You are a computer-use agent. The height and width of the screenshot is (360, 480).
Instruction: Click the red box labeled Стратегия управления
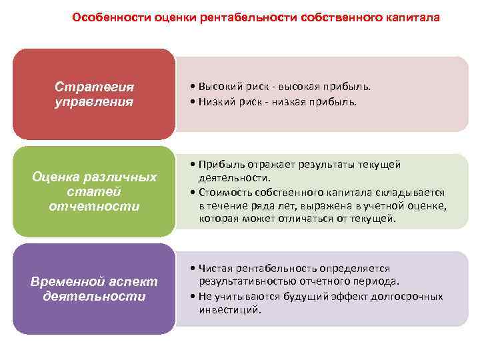click(x=94, y=95)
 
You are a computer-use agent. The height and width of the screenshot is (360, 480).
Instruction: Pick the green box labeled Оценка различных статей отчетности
click(x=94, y=191)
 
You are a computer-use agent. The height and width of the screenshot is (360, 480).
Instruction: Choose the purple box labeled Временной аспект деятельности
click(x=94, y=288)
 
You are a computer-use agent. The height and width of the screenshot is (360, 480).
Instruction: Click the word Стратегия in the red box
click(x=94, y=87)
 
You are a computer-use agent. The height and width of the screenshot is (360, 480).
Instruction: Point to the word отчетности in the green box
click(x=94, y=206)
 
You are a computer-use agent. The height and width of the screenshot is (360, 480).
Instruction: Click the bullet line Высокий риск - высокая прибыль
click(x=280, y=87)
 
